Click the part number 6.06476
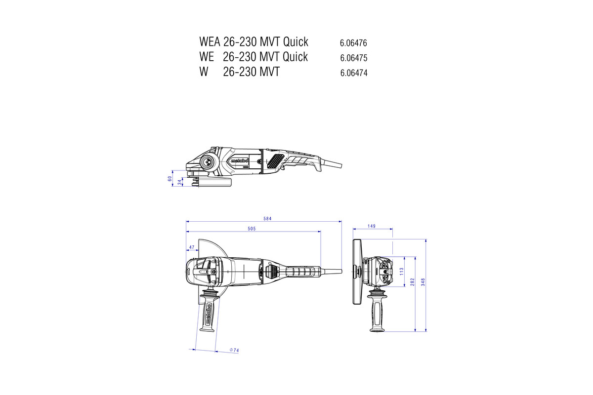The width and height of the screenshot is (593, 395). pos(353,43)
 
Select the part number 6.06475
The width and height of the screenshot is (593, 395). pos(354,58)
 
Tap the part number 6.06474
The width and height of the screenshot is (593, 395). pos(354,73)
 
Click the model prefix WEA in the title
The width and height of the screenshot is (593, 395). pos(210,42)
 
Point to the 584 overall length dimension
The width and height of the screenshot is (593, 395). pos(267,219)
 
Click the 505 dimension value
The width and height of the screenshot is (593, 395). pos(252,229)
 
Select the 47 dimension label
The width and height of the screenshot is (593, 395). pos(192,247)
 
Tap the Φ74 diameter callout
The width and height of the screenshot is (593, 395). pos(234,350)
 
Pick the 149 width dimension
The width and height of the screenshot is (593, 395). pos(372,226)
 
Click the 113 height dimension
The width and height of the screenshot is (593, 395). pos(402,272)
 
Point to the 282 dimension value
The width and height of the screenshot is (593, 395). pos(412,282)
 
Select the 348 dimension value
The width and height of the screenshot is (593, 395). pos(423,282)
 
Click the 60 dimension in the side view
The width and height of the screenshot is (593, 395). pos(169,179)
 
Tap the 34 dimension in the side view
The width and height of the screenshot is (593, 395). pos(180,182)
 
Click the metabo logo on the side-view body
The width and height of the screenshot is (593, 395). pos(240,160)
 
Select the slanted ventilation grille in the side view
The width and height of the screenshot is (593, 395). pos(276,161)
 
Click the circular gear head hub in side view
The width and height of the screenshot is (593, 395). pos(207,162)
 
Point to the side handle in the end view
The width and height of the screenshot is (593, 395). pos(377,309)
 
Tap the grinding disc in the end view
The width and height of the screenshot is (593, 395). pos(357,272)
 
